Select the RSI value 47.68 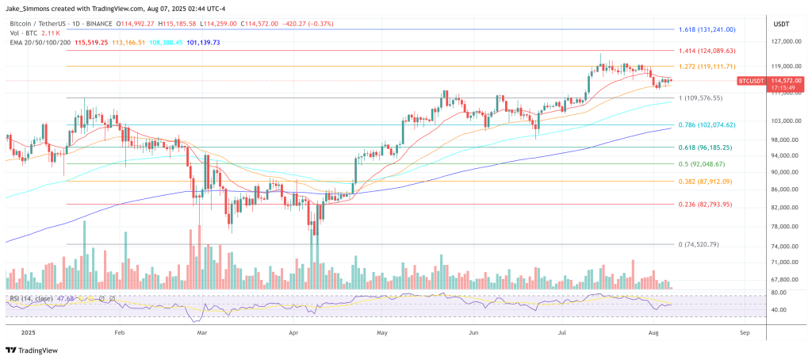[x=66, y=298]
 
